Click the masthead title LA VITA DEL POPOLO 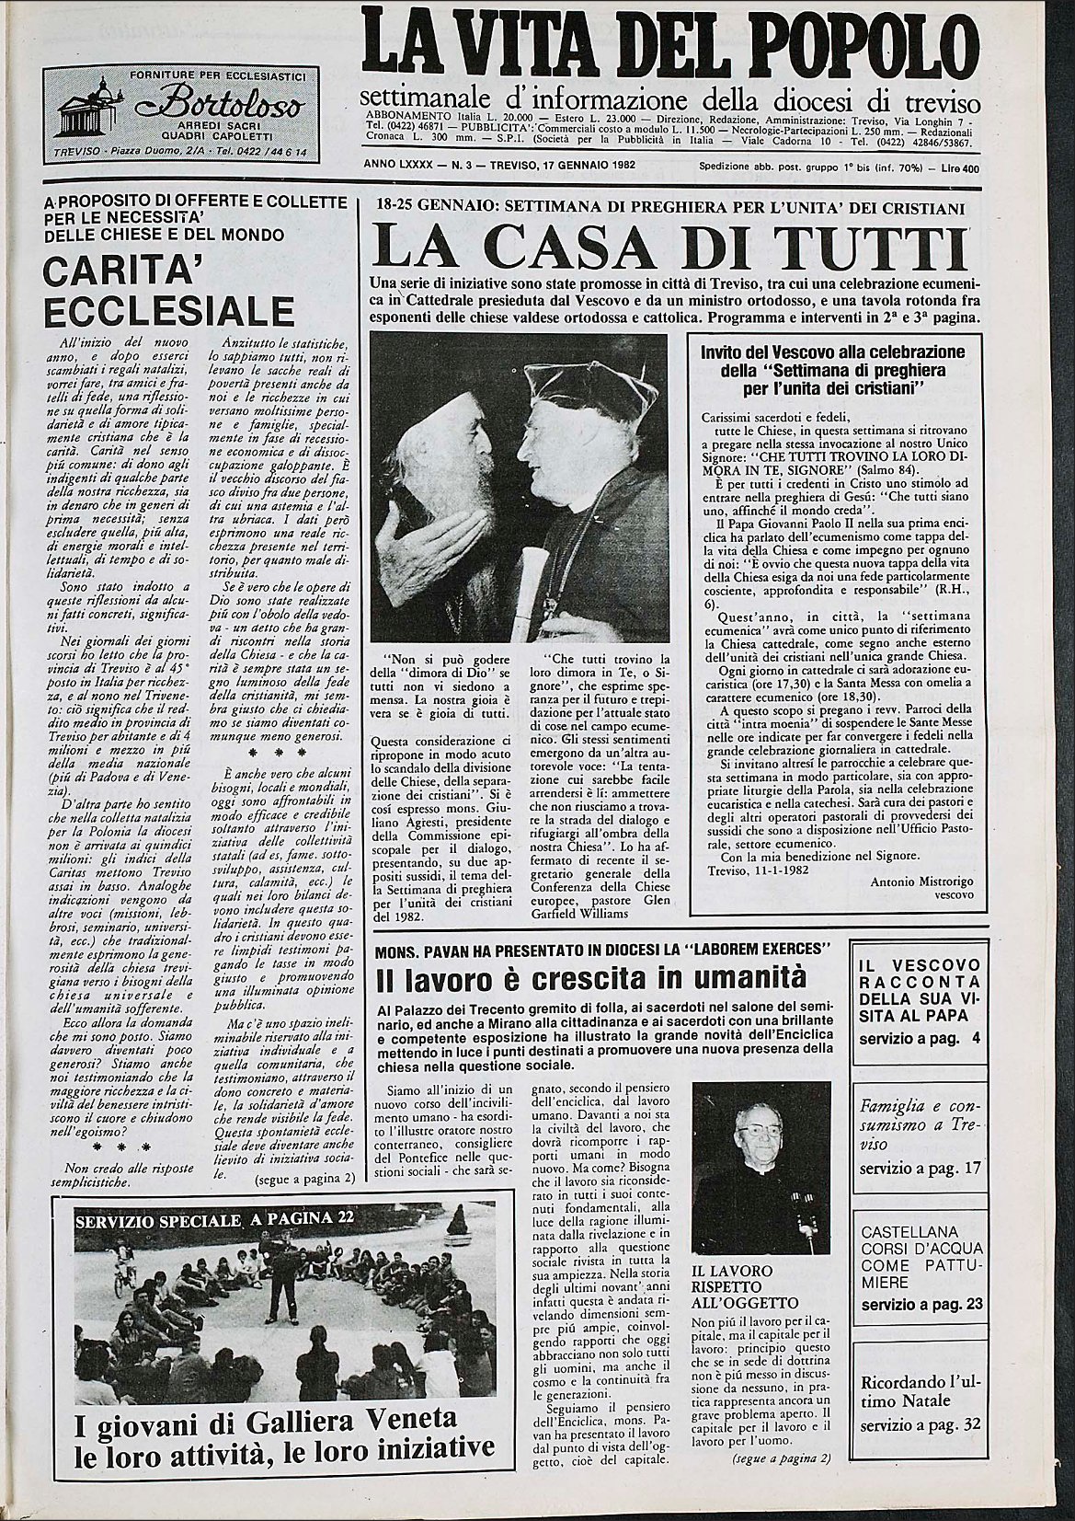(x=670, y=45)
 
